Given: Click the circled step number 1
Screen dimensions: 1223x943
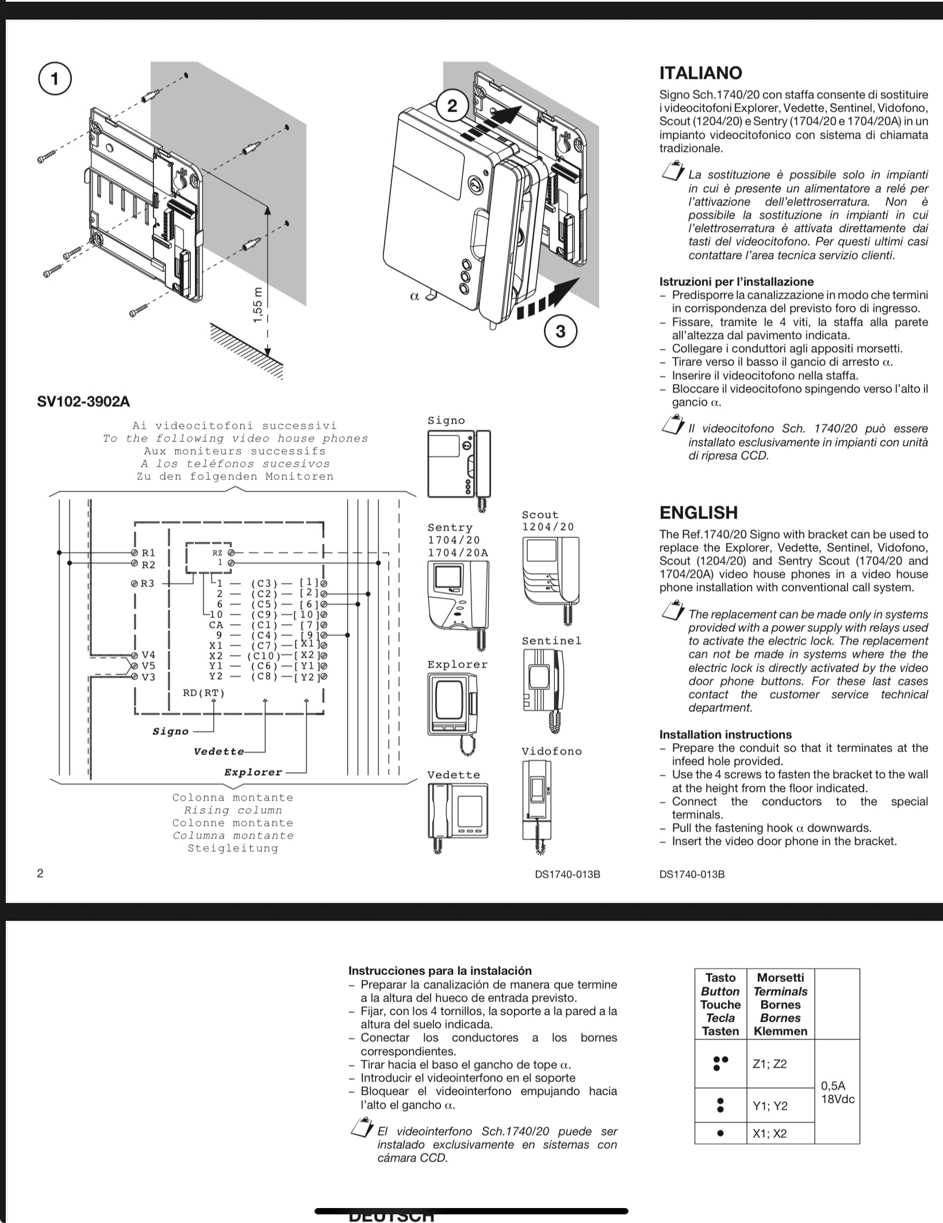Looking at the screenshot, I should tap(55, 79).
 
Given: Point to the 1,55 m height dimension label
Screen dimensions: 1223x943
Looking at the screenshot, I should tap(258, 304).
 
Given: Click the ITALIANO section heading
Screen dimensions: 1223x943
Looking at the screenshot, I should tap(700, 73).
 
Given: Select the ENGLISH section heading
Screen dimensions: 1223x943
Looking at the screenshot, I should tap(698, 512).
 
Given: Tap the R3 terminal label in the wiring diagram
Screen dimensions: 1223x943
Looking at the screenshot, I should tap(148, 584).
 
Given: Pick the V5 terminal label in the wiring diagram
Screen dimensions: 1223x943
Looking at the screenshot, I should tap(148, 666).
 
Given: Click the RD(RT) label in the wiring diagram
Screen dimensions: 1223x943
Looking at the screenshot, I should tap(204, 693).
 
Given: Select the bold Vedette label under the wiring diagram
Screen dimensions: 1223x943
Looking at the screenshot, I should tap(218, 752).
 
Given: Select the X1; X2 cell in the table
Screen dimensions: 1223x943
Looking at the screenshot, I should tap(770, 1134).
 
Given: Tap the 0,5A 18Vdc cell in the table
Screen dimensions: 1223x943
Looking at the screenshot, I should tap(837, 1092).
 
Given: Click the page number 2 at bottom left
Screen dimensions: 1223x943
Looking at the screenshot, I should tap(40, 873).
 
